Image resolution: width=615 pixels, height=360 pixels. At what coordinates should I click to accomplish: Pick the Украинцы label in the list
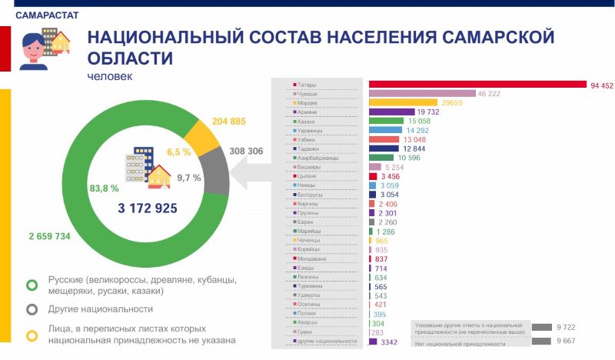tap(311, 131)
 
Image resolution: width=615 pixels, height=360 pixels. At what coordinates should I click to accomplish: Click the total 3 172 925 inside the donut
tap(148, 208)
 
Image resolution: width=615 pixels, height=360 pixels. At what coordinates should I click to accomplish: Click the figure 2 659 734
tap(49, 236)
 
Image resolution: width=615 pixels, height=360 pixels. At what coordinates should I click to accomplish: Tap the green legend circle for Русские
tap(32, 285)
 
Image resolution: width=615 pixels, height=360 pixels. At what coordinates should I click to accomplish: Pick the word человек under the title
tap(110, 77)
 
